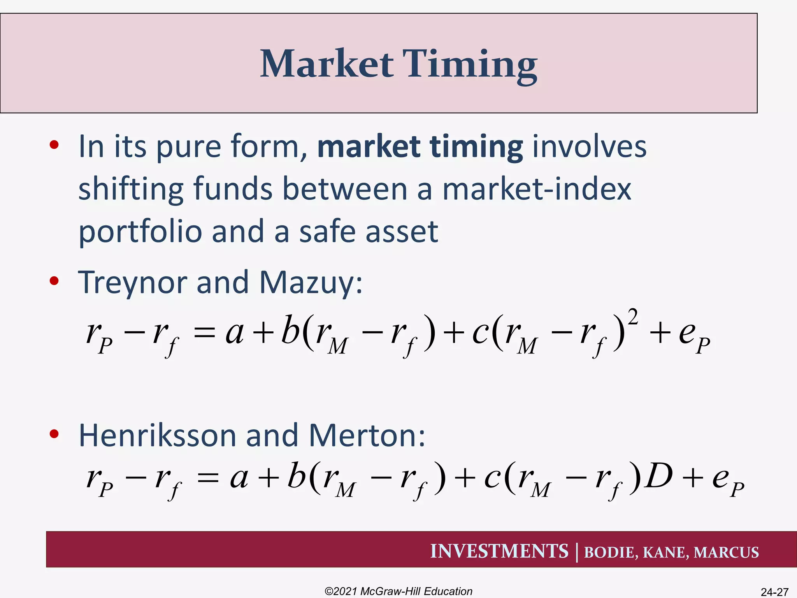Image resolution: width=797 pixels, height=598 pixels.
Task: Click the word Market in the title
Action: click(326, 64)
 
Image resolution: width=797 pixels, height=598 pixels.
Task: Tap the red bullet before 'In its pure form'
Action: click(54, 145)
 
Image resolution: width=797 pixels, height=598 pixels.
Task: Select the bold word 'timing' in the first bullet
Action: click(476, 147)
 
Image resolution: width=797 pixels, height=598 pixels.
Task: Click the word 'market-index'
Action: click(537, 189)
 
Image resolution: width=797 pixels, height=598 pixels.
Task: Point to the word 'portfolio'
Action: click(140, 232)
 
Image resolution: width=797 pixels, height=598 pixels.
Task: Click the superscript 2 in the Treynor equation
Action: click(633, 317)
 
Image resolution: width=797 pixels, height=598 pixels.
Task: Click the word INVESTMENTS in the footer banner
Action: click(499, 551)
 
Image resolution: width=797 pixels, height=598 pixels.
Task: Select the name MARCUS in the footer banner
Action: click(726, 552)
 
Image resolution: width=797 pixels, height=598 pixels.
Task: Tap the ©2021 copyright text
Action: click(398, 591)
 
